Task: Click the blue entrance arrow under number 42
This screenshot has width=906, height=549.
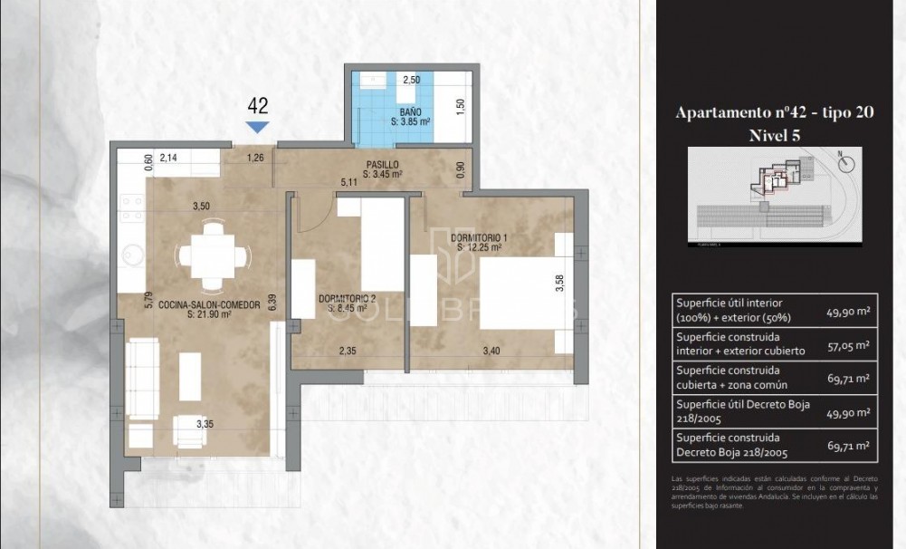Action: pos(258,127)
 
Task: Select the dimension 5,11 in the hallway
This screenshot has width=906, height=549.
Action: pos(348,182)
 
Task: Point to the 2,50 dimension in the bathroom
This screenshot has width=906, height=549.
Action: pos(412,80)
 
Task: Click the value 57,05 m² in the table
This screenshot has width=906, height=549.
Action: pos(848,344)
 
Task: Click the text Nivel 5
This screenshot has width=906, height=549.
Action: pos(775,135)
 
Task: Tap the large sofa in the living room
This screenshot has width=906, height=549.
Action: pos(143,378)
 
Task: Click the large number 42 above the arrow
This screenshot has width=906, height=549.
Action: pos(258,107)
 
